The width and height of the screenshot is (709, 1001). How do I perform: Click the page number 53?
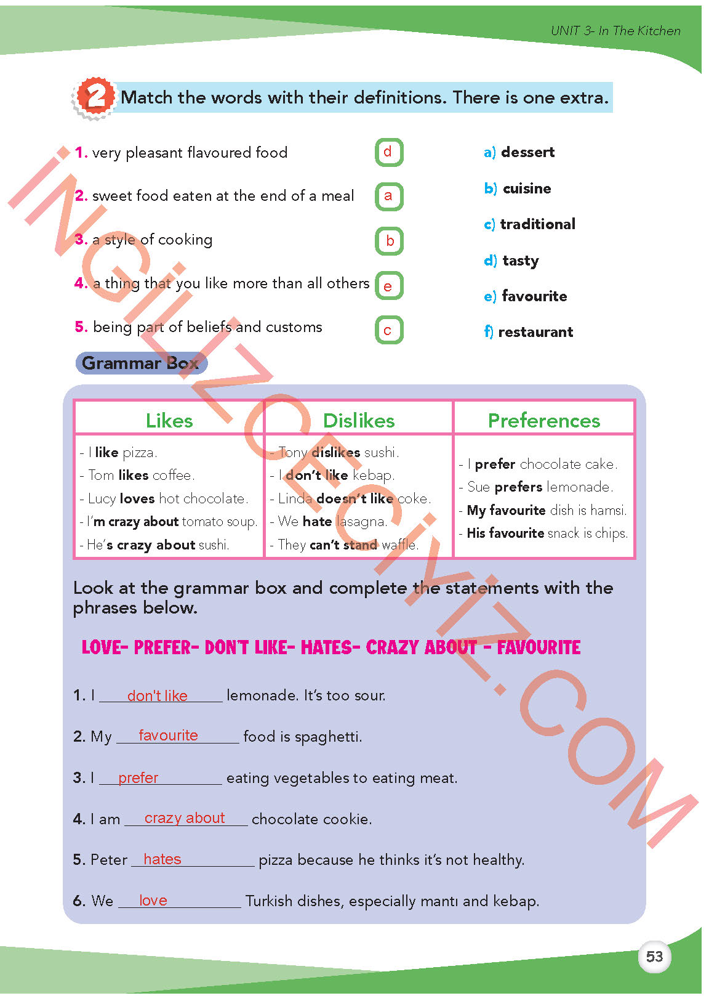point(654,957)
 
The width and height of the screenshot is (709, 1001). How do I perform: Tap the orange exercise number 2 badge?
point(95,97)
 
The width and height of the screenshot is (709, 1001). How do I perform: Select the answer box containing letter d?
point(388,152)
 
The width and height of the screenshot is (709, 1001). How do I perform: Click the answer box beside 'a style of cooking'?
point(388,241)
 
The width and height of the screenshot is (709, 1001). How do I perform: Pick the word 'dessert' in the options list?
point(527,152)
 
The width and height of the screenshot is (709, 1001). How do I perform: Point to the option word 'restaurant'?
point(535,332)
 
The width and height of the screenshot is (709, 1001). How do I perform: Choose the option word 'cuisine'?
point(527,188)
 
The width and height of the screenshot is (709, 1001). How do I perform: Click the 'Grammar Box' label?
point(141,363)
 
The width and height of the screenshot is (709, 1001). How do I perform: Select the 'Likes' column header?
point(169,420)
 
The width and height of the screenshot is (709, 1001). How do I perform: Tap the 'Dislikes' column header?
point(359,420)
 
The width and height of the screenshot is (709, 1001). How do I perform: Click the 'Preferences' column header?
point(544,420)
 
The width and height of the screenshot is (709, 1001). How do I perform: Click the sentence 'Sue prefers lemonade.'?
point(540,487)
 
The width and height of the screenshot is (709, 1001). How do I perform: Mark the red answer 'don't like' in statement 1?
point(157,695)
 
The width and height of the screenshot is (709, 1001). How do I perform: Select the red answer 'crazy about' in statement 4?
point(185,818)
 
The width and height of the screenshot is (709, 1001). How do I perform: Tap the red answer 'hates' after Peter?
point(162,859)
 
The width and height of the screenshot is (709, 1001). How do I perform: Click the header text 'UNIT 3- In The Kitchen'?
point(615,31)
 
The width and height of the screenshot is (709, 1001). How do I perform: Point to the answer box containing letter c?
point(388,330)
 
